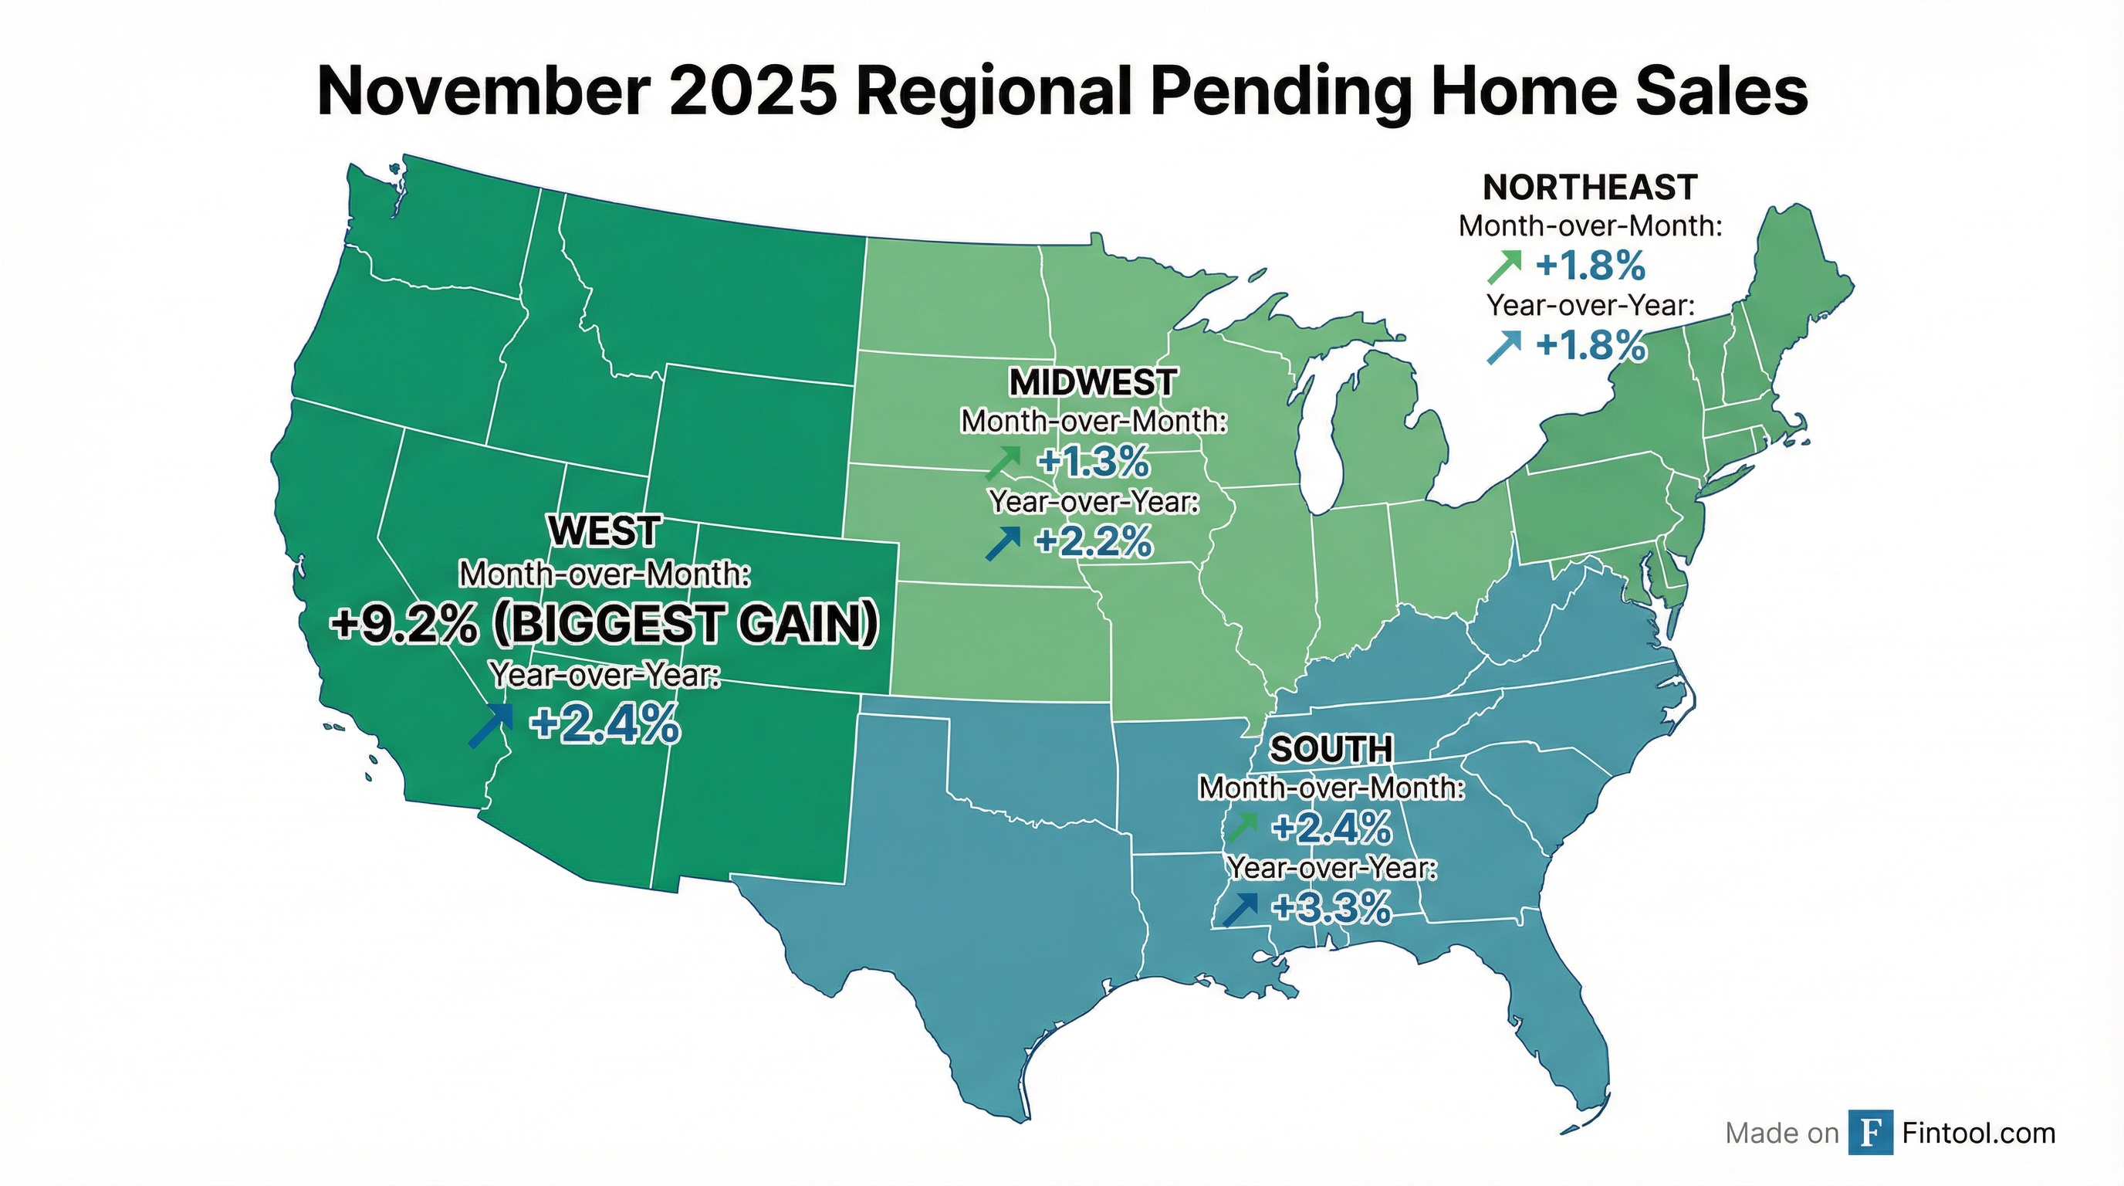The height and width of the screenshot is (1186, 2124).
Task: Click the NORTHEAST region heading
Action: (x=1589, y=188)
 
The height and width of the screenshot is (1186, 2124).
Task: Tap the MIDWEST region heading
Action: (x=1093, y=383)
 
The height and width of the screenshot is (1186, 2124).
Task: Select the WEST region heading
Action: (x=604, y=531)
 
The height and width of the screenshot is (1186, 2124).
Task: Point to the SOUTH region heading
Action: (x=1331, y=750)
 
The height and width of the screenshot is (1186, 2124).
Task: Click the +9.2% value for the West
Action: (x=404, y=625)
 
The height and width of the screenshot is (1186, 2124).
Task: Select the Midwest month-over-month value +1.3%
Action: (x=1094, y=463)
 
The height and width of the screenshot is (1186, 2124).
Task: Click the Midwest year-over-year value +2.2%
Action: (x=1094, y=542)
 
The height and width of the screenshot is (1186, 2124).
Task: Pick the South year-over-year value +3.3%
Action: (x=1331, y=908)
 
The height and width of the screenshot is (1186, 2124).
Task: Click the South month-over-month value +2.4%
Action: (x=1331, y=828)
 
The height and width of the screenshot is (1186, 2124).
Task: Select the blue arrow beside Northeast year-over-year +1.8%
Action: (x=1503, y=347)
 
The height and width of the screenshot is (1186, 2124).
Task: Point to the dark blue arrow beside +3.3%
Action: (x=1240, y=910)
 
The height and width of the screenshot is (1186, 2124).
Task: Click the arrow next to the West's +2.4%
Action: (x=490, y=726)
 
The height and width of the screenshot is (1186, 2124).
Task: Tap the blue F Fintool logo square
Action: (x=1870, y=1133)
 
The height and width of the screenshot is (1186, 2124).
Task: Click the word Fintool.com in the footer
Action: (x=1978, y=1133)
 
